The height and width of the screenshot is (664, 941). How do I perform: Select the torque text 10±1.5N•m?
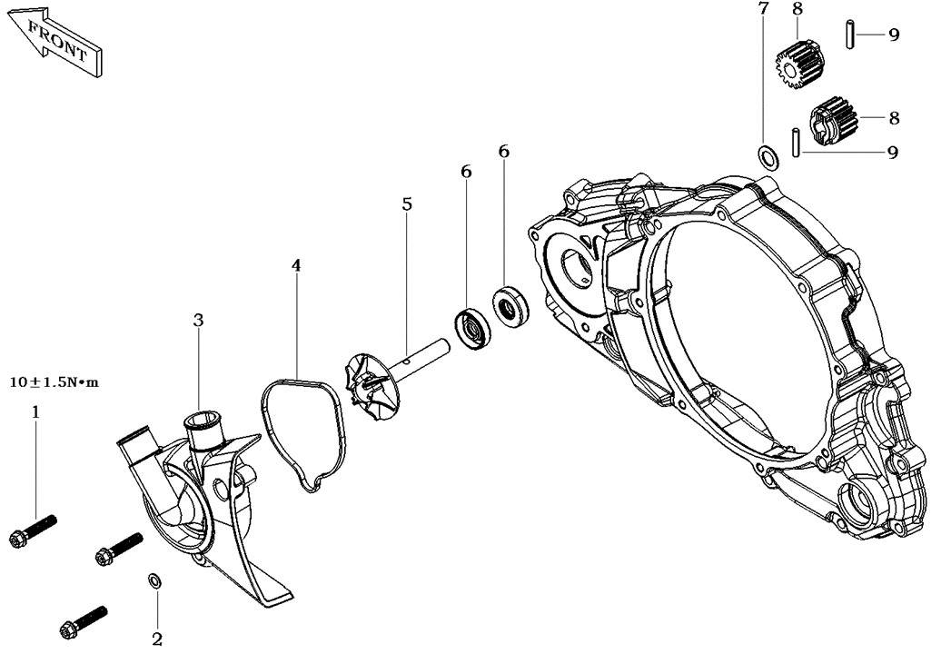54,382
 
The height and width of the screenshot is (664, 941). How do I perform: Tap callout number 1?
36,412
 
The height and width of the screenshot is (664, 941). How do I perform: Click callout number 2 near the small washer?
157,639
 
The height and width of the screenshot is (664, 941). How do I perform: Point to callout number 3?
199,321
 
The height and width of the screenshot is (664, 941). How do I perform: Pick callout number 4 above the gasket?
296,264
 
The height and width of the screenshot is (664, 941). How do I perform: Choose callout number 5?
407,204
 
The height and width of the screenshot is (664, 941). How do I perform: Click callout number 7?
763,9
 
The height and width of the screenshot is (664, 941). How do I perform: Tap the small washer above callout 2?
154,580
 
